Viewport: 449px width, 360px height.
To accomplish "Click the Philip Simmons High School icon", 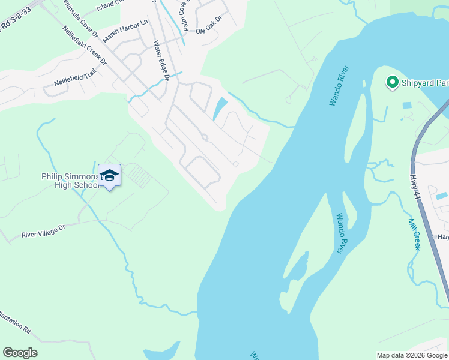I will (x=109, y=176).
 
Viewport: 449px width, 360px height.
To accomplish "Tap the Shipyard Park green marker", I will (x=393, y=82).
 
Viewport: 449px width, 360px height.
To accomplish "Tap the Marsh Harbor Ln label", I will (x=125, y=31).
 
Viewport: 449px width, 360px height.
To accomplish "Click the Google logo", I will (x=20, y=353).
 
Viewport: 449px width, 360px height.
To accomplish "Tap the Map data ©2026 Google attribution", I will (x=412, y=355).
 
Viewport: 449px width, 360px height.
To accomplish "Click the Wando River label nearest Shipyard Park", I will (x=339, y=87).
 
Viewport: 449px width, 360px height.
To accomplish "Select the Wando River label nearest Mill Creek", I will (x=340, y=233).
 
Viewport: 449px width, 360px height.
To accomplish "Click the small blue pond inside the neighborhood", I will (x=220, y=108).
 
